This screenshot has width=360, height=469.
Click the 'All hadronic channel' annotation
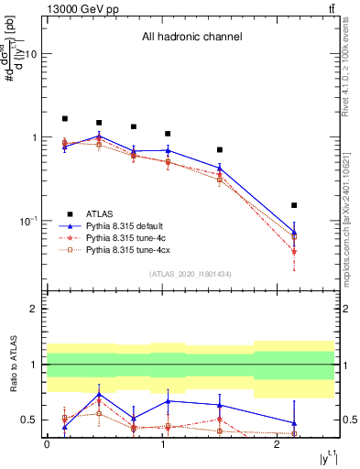(x=191, y=38)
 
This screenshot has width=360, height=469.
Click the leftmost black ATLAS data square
(x=64, y=118)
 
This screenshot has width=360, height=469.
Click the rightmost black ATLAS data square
(x=294, y=205)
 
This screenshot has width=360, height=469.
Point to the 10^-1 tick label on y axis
(x=29, y=221)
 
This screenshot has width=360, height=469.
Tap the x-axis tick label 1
(x=161, y=444)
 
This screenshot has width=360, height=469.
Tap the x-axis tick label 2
(x=277, y=444)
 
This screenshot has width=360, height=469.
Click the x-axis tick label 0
(x=47, y=444)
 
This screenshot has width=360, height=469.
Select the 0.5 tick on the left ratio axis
(x=32, y=420)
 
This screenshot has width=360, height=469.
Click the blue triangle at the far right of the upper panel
(x=294, y=232)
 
